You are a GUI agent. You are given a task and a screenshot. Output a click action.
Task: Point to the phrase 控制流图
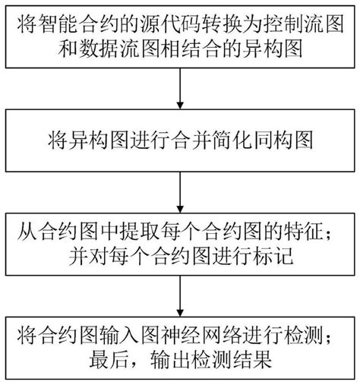click(x=304, y=24)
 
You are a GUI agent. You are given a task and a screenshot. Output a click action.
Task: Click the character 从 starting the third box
click(x=27, y=232)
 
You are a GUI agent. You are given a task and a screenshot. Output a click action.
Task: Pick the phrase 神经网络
click(x=201, y=335)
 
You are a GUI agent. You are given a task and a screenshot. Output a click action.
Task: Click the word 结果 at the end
click(x=252, y=359)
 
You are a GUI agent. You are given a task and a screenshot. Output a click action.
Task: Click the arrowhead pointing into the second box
click(x=180, y=106)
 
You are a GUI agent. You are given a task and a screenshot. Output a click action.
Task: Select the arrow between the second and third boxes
click(x=180, y=192)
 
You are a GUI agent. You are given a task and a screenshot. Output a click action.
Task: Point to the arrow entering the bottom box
click(x=180, y=296)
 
